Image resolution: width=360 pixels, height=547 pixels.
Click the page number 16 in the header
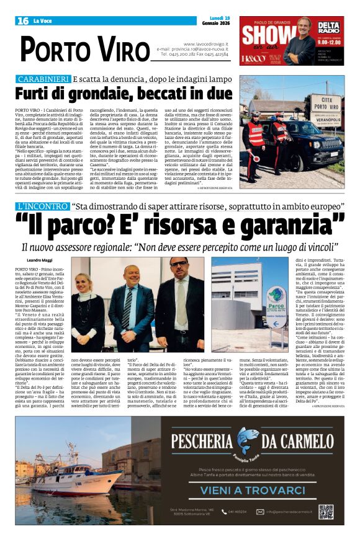click(x=23, y=21)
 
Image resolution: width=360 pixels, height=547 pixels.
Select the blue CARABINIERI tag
click(x=43, y=80)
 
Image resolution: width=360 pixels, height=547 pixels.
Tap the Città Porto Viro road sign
click(x=325, y=110)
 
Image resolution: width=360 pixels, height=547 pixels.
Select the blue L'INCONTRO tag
click(x=42, y=205)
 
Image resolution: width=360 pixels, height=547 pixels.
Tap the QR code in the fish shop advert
click(x=326, y=511)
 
